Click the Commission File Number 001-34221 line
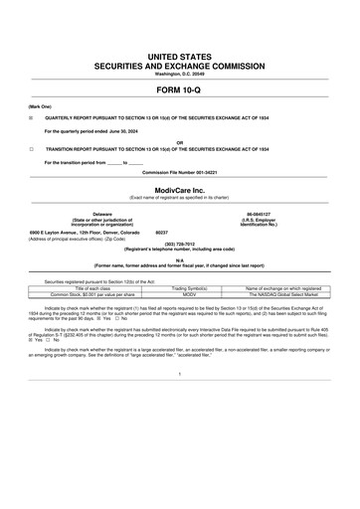pyautogui.click(x=179, y=171)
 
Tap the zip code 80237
pyautogui.click(x=165, y=231)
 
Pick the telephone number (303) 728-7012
pyautogui.click(x=179, y=243)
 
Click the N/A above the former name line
pyautogui.click(x=179, y=260)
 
